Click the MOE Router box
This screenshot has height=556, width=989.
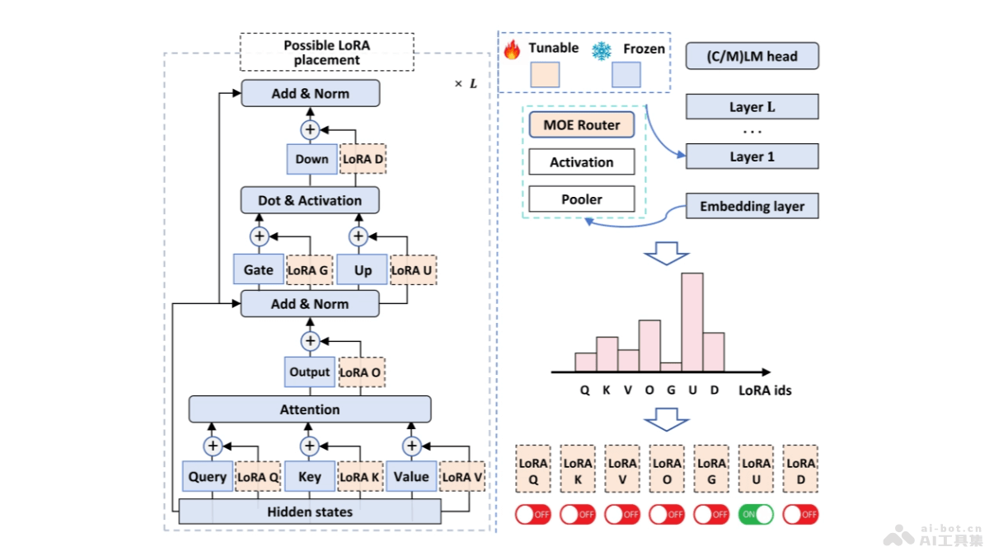(582, 125)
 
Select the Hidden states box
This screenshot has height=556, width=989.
(310, 512)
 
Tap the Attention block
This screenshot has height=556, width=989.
(310, 409)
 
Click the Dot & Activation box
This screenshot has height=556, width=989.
(310, 200)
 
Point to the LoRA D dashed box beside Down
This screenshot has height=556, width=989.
(363, 159)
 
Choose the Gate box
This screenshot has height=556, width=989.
(259, 269)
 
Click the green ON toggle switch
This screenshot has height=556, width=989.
(756, 514)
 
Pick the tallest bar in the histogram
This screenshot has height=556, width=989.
(692, 322)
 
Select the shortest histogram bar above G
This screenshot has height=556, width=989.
(671, 367)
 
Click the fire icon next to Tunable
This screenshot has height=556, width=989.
(513, 49)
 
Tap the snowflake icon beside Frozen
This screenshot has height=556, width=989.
(602, 50)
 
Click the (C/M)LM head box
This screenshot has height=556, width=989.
(752, 56)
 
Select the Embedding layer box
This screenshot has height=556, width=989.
(752, 206)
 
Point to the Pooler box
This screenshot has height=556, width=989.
(582, 199)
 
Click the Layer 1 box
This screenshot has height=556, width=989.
(752, 157)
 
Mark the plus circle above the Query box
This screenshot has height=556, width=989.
(213, 446)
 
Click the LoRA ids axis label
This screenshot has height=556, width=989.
(765, 390)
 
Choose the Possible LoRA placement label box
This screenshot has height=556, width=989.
(327, 53)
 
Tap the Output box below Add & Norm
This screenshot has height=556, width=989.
(310, 372)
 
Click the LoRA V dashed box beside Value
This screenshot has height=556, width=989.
(462, 476)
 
